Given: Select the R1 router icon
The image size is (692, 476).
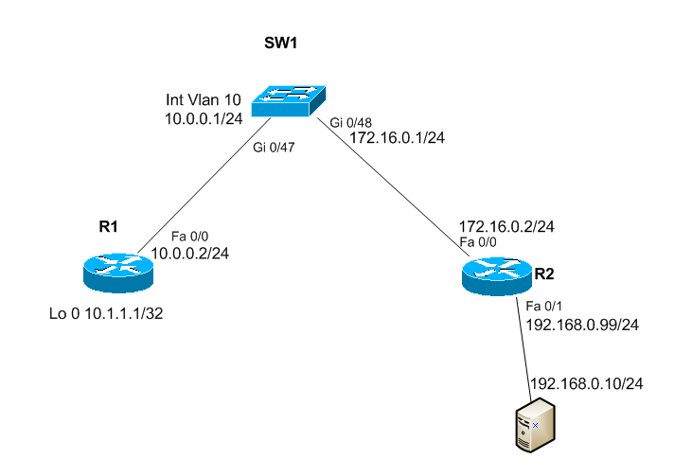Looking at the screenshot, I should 117,271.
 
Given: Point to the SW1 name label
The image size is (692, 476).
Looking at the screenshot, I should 280,44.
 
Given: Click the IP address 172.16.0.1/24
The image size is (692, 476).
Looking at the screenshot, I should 397,137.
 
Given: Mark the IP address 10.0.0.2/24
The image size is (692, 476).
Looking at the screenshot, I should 190,254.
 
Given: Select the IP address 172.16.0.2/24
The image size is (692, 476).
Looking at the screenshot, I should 506,227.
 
